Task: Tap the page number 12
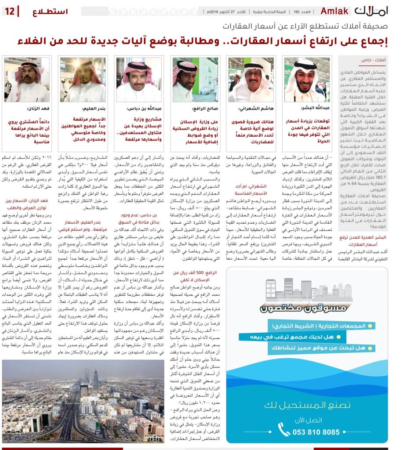tap(11, 11)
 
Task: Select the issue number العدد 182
tap(302, 11)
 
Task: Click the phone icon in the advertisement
tap(284, 429)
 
